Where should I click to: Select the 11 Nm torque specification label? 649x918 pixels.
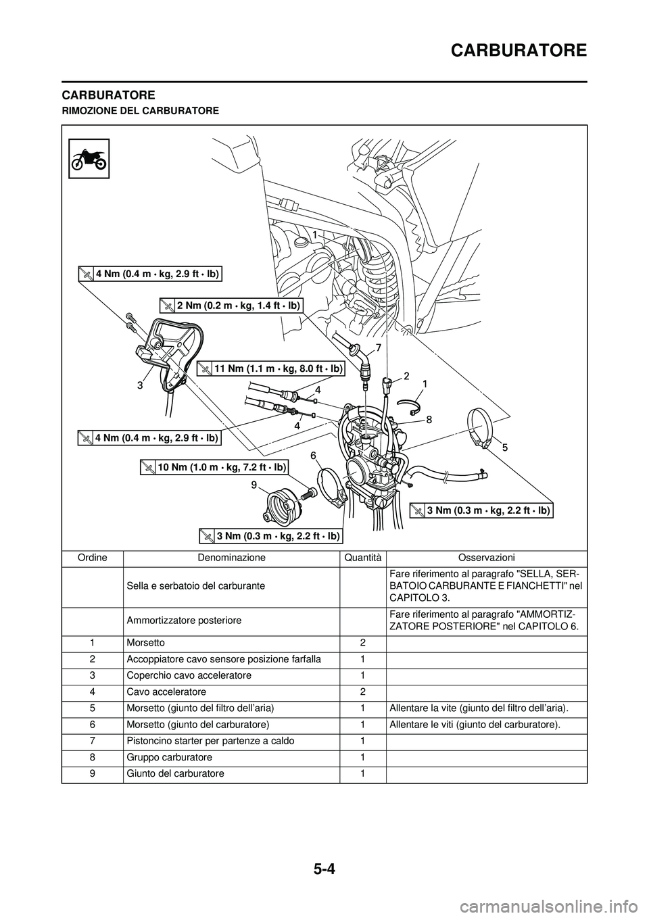[x=271, y=368]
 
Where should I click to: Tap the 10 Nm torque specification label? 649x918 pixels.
[x=214, y=467]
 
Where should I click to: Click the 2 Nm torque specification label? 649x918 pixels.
[x=231, y=306]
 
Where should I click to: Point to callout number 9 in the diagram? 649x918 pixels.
[x=253, y=484]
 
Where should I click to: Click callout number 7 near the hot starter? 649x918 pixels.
[x=378, y=347]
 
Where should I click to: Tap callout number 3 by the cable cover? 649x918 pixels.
[x=139, y=386]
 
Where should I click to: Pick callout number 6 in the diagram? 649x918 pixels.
[x=314, y=456]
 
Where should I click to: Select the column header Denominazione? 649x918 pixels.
[x=231, y=558]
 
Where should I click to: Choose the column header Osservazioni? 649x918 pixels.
[x=486, y=558]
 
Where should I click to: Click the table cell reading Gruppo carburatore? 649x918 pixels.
[x=169, y=757]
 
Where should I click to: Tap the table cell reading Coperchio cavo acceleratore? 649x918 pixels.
[x=189, y=675]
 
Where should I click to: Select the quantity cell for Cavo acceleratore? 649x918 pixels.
[x=363, y=692]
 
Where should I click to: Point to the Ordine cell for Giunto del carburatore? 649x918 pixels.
[x=92, y=773]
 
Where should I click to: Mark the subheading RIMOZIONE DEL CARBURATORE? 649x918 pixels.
[x=140, y=110]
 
